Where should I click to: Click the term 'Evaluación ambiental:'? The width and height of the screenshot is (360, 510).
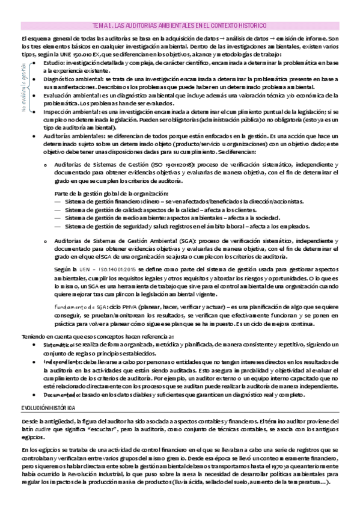(69, 95)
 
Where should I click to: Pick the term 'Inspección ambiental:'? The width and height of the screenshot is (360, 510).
(68, 112)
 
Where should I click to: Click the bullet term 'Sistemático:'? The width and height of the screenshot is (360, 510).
(58, 346)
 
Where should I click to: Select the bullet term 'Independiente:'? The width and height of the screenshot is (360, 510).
(62, 362)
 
